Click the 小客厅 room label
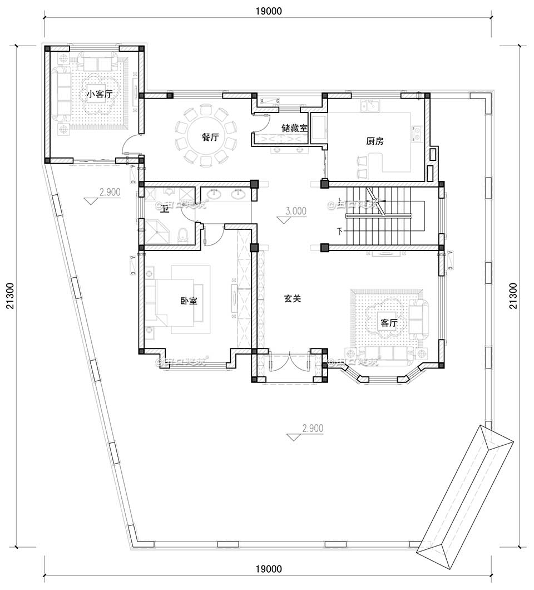(x=99, y=94)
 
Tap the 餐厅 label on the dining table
(x=209, y=137)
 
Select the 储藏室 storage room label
(x=294, y=128)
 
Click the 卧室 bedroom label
(x=189, y=301)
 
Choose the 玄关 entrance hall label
(x=293, y=299)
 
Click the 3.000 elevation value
(x=295, y=211)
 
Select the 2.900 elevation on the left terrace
(x=110, y=192)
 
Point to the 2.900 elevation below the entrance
(x=312, y=429)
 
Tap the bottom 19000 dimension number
(x=269, y=568)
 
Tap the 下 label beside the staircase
(x=339, y=230)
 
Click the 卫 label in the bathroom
(x=165, y=209)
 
